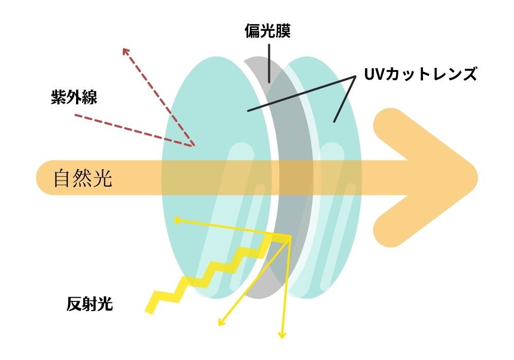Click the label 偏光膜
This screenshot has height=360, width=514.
tap(267, 32)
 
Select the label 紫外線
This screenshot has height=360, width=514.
tap(74, 97)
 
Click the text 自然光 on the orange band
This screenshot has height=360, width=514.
tap(83, 178)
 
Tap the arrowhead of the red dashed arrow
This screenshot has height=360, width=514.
tap(125, 50)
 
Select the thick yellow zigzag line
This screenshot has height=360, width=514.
tap(206, 273)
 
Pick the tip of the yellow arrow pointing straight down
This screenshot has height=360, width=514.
tap(282, 337)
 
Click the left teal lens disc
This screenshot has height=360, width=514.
tap(206, 129)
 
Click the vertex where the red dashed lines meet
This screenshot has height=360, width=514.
tap(193, 146)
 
